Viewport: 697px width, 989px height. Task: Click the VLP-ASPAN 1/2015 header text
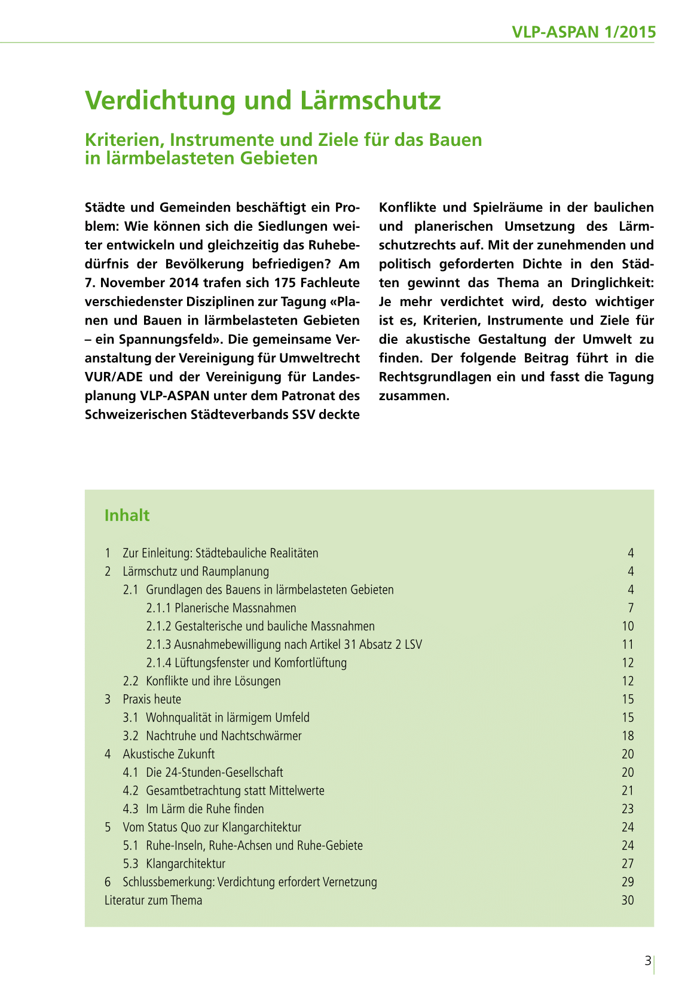pos(583,32)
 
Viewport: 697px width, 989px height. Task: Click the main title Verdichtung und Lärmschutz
pos(263,100)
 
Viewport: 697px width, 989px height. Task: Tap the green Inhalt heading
pos(127,515)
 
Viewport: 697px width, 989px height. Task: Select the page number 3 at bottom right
pos(647,961)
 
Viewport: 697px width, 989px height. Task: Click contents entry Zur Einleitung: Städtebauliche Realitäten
pos(220,553)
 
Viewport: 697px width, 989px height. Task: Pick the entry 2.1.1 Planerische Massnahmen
pos(221,608)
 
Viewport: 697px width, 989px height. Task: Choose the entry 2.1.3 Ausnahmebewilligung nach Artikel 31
pos(284,645)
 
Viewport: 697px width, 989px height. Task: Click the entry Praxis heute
pos(152,700)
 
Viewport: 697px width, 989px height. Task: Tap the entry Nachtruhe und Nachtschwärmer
pos(224,736)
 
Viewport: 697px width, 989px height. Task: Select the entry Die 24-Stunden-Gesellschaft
pos(214,773)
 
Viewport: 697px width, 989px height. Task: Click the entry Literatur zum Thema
pos(153,901)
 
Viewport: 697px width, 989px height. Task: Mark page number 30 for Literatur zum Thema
pos(627,901)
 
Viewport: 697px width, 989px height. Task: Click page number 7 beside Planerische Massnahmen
pos(631,608)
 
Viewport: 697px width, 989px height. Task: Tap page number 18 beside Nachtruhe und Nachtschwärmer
pos(627,736)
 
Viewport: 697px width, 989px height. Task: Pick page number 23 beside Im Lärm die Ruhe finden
pos(627,809)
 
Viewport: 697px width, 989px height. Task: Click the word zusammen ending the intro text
pos(412,396)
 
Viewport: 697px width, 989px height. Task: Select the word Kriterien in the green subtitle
pos(122,140)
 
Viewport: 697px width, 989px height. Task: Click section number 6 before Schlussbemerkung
pos(108,882)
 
